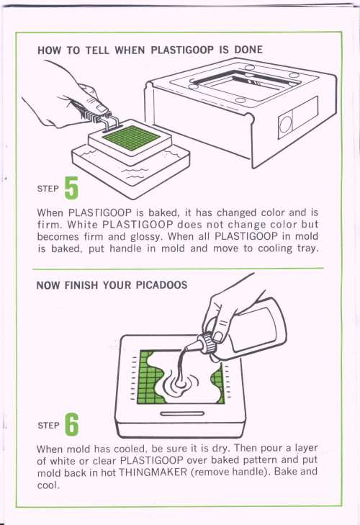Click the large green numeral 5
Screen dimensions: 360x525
pos(71,188)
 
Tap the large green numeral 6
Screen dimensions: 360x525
pos(71,424)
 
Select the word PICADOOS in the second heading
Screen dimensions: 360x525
pos(161,285)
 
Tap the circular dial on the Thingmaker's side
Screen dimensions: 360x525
pos(285,125)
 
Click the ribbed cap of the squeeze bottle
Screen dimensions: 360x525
pos(208,342)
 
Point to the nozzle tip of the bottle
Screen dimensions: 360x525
pos(185,349)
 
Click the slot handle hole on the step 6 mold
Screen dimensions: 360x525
pos(182,414)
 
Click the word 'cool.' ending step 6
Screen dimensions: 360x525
pos(48,485)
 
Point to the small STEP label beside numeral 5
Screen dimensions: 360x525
pos(48,189)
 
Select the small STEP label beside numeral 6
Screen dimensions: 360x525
pos(48,425)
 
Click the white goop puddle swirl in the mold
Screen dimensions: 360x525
pos(181,385)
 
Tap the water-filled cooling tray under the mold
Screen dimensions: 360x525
pos(130,167)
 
